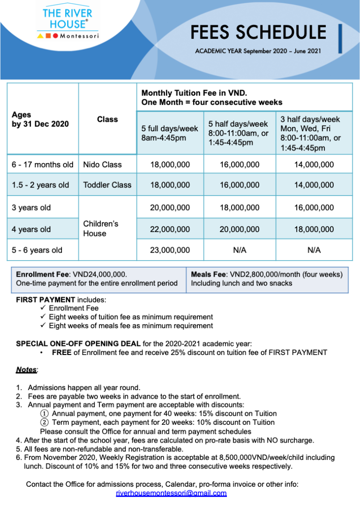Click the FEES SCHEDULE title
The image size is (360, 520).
(x=258, y=32)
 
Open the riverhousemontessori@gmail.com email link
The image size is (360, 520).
(x=171, y=493)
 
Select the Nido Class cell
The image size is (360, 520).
(x=102, y=165)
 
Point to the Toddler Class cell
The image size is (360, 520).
(x=107, y=185)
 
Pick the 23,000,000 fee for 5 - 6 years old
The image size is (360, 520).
(x=170, y=250)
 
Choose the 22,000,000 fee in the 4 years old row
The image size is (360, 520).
(x=170, y=229)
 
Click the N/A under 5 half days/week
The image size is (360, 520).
(x=240, y=250)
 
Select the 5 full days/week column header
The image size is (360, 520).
(x=170, y=133)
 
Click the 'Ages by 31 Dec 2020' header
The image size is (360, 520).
(x=40, y=119)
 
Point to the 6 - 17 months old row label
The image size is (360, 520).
(x=43, y=165)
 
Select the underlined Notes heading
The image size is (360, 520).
(x=26, y=369)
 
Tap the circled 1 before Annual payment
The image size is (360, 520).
(x=44, y=414)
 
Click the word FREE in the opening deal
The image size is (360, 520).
(x=61, y=352)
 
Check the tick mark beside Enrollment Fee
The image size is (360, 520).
(x=43, y=308)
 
